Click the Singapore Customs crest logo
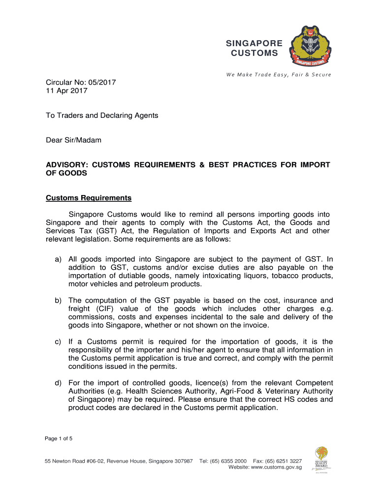coord(307,48)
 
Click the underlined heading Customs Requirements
coord(89,198)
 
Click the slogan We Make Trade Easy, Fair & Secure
coord(279,75)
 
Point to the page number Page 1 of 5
coord(59,439)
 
